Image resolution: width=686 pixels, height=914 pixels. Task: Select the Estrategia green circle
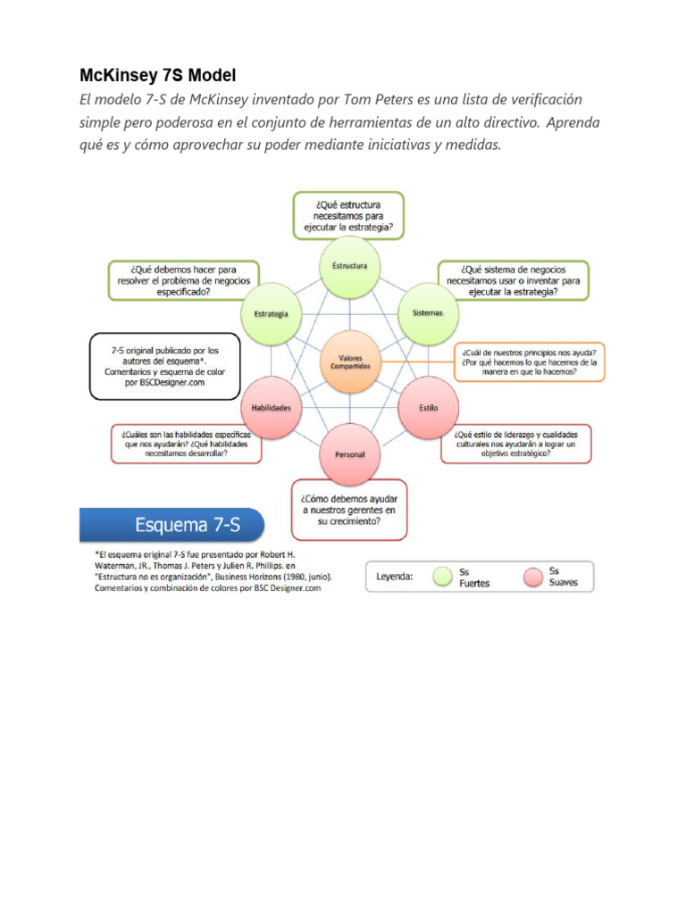272,314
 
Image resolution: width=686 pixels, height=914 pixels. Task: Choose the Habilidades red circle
272,407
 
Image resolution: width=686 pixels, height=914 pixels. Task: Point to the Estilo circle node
428,407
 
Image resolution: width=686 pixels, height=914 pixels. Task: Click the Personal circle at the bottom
350,454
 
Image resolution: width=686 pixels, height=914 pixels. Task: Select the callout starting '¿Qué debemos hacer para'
183,279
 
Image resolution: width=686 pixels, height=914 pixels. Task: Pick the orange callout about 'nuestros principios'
530,361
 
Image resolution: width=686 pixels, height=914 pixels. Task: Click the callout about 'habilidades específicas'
186,442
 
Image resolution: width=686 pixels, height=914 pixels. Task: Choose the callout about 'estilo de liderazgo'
516,442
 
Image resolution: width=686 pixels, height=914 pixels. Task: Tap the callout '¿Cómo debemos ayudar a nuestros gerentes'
350,510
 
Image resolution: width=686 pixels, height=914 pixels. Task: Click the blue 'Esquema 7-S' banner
172,526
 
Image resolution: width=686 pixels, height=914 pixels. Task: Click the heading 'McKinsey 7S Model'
158,76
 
